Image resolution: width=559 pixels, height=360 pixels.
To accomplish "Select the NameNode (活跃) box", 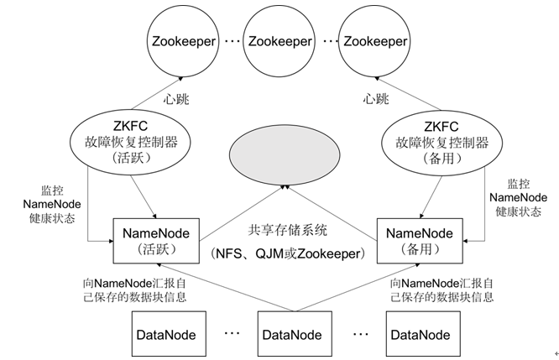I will coord(155,240).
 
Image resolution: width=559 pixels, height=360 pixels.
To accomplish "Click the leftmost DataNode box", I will coord(165,334).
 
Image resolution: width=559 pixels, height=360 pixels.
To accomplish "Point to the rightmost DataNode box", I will coord(415,334).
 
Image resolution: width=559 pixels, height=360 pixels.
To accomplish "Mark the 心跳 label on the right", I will coord(375,98).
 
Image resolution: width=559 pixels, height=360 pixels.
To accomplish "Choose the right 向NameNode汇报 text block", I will coord(447,290).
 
